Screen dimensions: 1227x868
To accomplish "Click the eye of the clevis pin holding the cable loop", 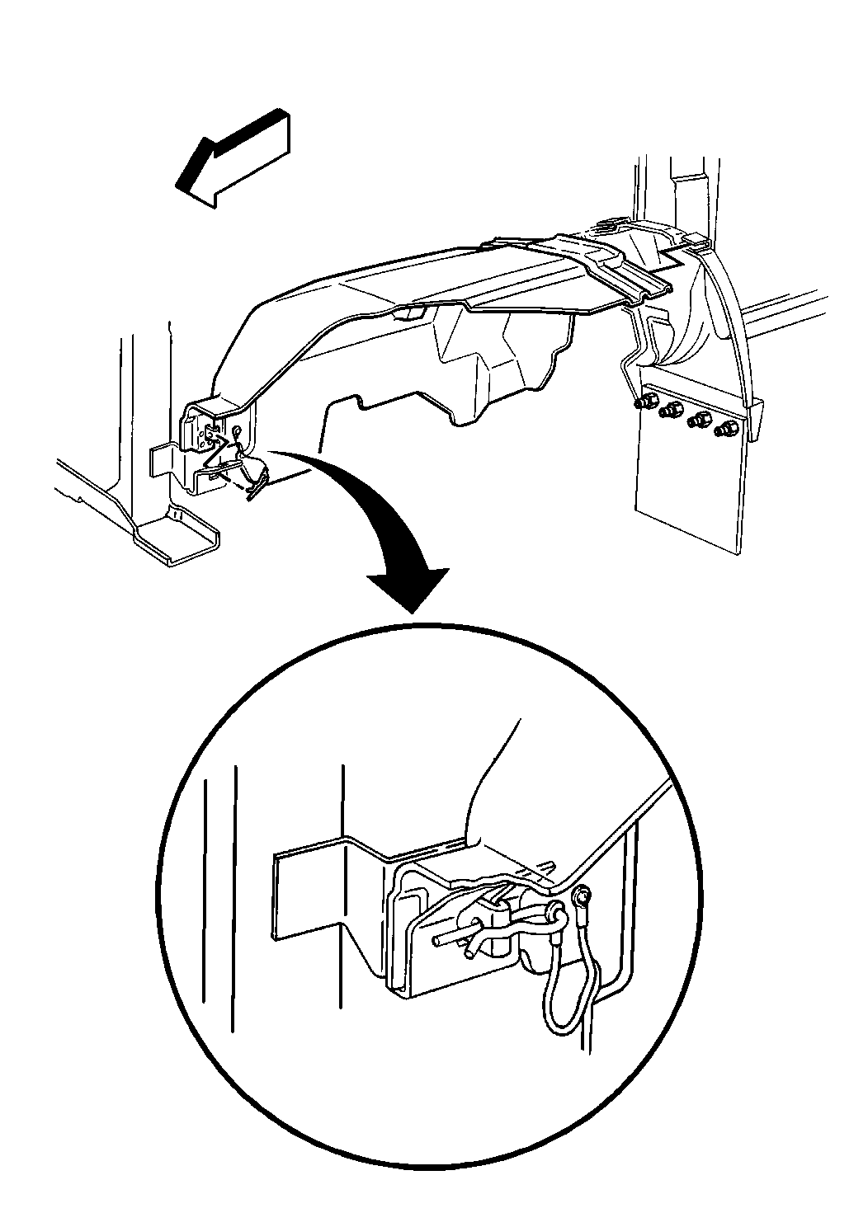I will [x=554, y=913].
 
